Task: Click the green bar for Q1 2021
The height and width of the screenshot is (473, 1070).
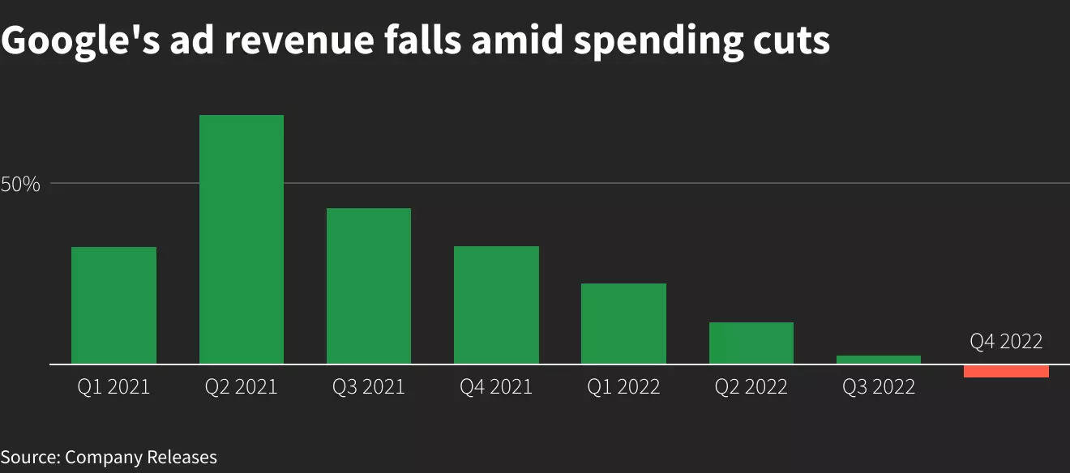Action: click(x=113, y=305)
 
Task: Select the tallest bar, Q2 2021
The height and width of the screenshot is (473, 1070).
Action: click(x=242, y=240)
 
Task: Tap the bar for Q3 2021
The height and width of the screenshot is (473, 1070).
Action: click(x=369, y=286)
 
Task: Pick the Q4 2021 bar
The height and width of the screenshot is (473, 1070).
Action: click(x=496, y=305)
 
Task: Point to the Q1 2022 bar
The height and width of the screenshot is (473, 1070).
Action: click(x=623, y=323)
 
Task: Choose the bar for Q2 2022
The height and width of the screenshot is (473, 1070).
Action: click(x=751, y=343)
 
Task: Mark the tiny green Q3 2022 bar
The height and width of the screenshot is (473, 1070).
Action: click(x=879, y=360)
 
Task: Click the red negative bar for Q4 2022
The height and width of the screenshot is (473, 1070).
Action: click(x=1006, y=371)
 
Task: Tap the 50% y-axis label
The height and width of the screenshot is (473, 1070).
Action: click(x=20, y=185)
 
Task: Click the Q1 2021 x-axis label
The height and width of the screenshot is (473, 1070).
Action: click(x=113, y=387)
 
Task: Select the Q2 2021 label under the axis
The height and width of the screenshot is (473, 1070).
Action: click(x=242, y=387)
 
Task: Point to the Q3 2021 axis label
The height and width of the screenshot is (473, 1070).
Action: click(x=369, y=387)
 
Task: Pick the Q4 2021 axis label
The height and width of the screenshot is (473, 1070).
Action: click(x=496, y=387)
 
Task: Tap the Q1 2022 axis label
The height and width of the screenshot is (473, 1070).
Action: click(x=623, y=387)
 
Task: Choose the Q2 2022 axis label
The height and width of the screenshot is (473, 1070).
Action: click(x=751, y=387)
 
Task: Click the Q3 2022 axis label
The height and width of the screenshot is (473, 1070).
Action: click(x=879, y=387)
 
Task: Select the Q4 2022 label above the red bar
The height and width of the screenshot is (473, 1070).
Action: click(x=1006, y=342)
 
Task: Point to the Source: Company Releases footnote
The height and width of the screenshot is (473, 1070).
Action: click(x=109, y=457)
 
